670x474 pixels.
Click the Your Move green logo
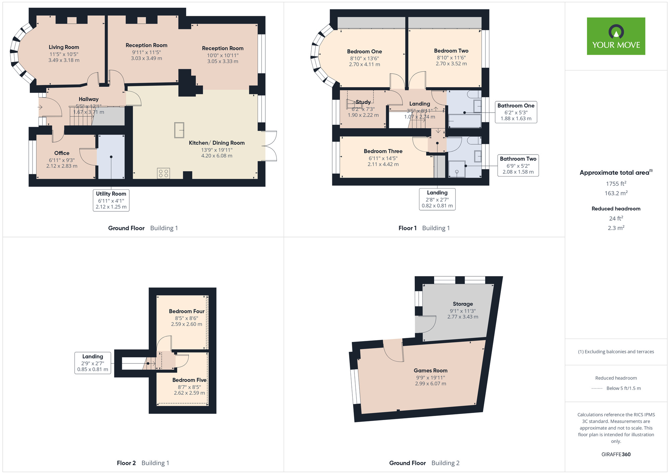click(x=616, y=36)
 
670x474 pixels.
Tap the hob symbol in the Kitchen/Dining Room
click(x=163, y=173)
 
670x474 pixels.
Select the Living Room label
click(x=64, y=47)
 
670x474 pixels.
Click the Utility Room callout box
click(x=111, y=200)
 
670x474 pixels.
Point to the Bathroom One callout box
click(x=516, y=112)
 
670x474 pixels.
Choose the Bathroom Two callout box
click(x=518, y=165)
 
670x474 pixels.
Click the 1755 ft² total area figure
click(x=616, y=184)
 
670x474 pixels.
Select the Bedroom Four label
click(x=187, y=311)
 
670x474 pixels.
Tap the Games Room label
click(x=430, y=370)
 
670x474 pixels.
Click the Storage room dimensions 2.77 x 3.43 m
click(x=463, y=317)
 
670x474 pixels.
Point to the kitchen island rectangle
click(x=179, y=130)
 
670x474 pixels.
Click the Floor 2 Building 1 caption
click(x=143, y=463)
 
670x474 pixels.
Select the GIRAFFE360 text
click(x=616, y=455)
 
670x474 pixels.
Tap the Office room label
click(x=62, y=153)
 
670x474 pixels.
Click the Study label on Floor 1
click(x=363, y=102)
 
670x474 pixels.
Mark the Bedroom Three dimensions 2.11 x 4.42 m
click(x=383, y=164)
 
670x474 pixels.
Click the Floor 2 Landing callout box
click(x=93, y=363)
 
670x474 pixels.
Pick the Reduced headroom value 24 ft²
click(x=616, y=219)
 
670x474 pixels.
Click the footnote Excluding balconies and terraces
click(x=616, y=352)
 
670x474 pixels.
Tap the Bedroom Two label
click(x=451, y=51)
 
